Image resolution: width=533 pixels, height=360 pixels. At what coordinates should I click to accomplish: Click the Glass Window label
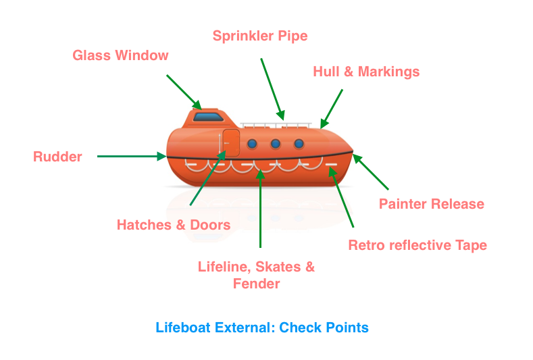tap(120, 55)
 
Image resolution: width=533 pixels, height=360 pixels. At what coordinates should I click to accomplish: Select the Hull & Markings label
tap(366, 72)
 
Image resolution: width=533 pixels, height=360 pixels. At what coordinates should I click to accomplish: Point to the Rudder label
tap(57, 157)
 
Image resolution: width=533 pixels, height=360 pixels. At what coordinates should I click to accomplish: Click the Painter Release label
tap(432, 203)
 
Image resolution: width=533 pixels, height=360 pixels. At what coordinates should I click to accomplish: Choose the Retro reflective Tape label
tap(417, 245)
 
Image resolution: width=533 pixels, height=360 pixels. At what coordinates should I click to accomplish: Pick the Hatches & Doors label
tap(174, 225)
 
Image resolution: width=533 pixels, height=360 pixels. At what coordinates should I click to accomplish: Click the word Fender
tap(256, 284)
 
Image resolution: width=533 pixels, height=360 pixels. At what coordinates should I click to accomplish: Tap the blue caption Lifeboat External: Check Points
tap(262, 328)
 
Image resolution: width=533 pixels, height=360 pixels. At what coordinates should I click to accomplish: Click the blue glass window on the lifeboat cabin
tap(209, 117)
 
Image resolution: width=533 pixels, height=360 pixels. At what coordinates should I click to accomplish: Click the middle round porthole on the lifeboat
tap(276, 144)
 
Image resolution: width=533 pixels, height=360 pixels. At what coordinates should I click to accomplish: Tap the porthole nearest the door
tap(253, 144)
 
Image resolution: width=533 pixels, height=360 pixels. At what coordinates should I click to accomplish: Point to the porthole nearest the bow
tap(299, 144)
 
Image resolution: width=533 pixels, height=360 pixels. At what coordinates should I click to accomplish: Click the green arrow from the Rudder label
tap(132, 157)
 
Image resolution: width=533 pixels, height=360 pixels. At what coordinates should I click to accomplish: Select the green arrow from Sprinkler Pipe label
tap(272, 88)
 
